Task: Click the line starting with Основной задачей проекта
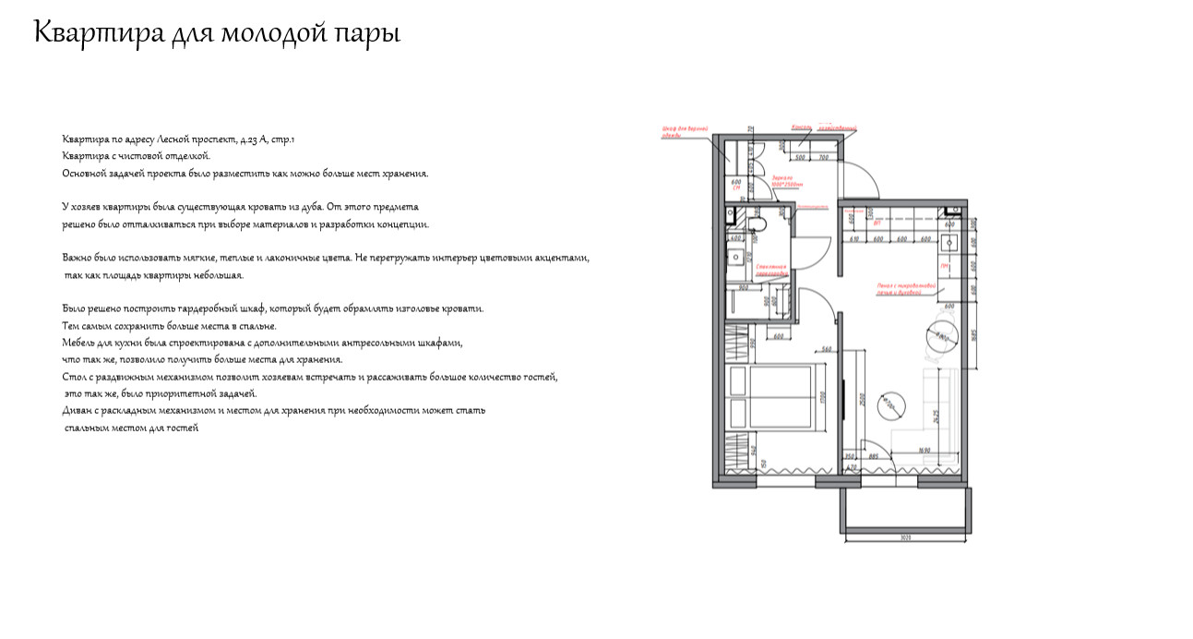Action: click(x=245, y=174)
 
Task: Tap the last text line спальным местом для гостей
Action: click(x=131, y=428)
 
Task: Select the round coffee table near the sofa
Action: click(x=889, y=404)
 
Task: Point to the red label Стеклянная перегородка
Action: click(x=770, y=271)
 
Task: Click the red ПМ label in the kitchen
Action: click(x=945, y=266)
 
